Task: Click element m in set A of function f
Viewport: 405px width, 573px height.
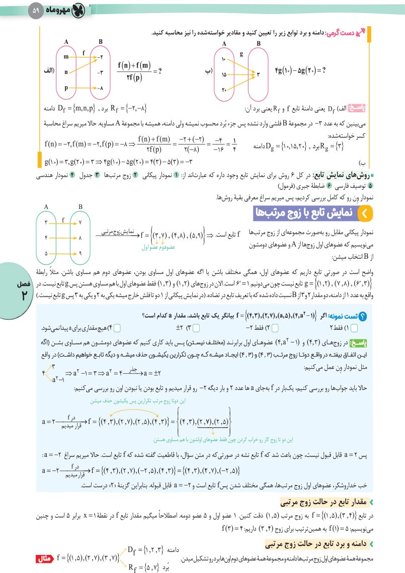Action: coord(66,57)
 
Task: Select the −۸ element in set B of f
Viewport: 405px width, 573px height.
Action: coord(101,88)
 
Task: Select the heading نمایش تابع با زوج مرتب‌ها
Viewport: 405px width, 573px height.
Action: coord(307,214)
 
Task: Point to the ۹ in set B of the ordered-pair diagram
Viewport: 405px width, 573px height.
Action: coord(80,254)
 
